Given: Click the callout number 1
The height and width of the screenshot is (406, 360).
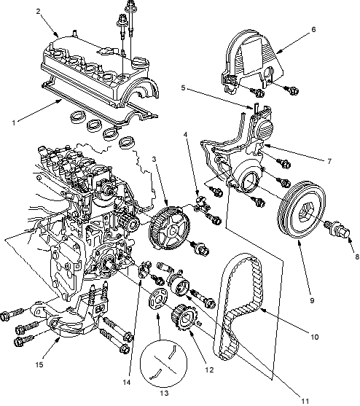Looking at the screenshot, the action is [14, 122].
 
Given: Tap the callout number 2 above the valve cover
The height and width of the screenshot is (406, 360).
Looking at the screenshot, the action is [39, 12].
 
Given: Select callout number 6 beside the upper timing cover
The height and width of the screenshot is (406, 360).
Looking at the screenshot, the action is [313, 29].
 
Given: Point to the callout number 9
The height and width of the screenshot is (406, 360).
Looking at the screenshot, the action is [312, 300].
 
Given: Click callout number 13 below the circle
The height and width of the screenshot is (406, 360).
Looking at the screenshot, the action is [164, 393].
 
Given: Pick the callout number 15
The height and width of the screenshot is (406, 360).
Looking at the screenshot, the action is [39, 364].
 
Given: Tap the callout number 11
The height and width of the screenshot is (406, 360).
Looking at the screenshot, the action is [305, 401].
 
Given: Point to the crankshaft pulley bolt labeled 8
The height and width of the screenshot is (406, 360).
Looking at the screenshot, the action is [337, 229].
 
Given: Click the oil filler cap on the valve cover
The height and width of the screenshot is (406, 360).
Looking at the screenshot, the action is [140, 62].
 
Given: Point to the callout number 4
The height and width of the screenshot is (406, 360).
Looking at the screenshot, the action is [185, 135].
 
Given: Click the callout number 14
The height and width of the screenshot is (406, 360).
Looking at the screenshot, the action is [127, 382].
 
